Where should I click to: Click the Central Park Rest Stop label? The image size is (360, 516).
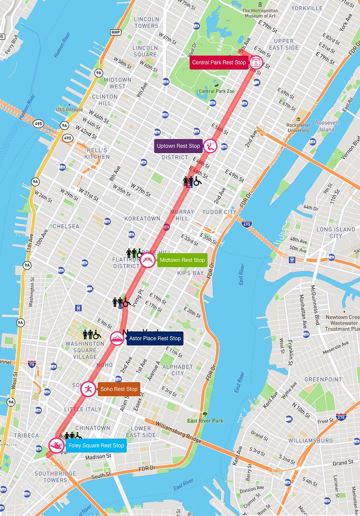(219, 62)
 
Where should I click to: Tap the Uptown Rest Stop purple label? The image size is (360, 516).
(178, 146)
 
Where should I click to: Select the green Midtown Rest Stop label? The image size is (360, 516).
(182, 260)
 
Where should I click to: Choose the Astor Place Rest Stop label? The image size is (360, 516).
(155, 338)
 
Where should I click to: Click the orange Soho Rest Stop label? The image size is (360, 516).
(119, 389)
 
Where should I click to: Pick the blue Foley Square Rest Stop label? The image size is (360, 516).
(96, 446)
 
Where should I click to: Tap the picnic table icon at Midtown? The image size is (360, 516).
(148, 260)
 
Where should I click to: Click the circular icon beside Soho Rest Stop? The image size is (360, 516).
(88, 389)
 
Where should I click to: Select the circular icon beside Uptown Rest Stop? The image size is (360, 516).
(210, 146)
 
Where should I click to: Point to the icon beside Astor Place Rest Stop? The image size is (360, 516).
(117, 339)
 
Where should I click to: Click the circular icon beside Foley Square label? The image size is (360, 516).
(56, 446)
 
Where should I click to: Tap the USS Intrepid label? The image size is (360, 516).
(70, 110)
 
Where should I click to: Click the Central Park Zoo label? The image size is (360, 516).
(216, 91)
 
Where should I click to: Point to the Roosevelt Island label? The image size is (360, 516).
(327, 126)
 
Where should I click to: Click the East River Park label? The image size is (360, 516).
(205, 421)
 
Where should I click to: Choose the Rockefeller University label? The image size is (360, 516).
(298, 127)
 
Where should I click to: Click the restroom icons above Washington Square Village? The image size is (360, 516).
(91, 334)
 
